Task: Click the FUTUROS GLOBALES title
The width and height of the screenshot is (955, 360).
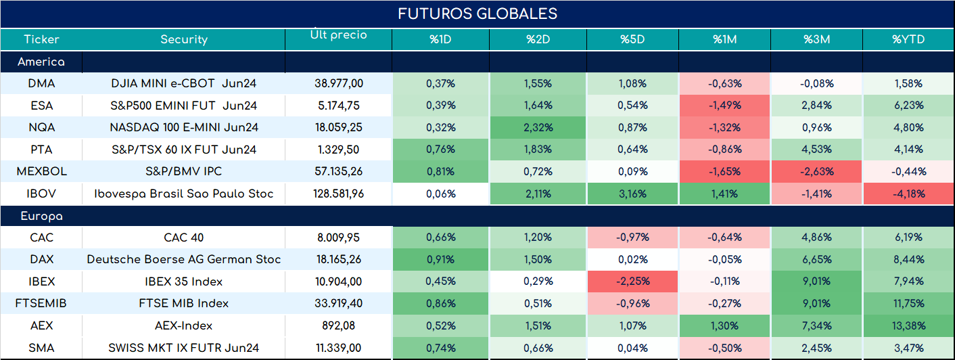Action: pyautogui.click(x=477, y=14)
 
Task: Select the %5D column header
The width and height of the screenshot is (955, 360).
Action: pyautogui.click(x=632, y=39)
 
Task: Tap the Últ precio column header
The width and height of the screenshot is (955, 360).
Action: pyautogui.click(x=338, y=34)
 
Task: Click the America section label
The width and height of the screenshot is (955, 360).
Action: pyautogui.click(x=41, y=62)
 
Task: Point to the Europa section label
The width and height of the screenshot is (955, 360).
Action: pyautogui.click(x=41, y=217)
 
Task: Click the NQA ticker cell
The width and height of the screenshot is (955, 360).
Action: pyautogui.click(x=41, y=127)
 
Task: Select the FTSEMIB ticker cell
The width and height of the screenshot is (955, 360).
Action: pyautogui.click(x=41, y=303)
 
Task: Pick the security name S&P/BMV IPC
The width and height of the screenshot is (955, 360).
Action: pyautogui.click(x=184, y=171)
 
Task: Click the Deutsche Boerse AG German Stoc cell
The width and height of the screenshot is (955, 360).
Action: pyautogui.click(x=184, y=259)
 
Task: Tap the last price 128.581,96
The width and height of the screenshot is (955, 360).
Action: pyautogui.click(x=339, y=194)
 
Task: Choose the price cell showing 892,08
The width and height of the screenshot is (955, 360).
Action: pyautogui.click(x=339, y=325)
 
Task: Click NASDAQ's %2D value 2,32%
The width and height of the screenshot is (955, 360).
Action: pyautogui.click(x=538, y=127)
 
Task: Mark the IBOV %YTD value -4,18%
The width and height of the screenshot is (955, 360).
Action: pyautogui.click(x=909, y=194)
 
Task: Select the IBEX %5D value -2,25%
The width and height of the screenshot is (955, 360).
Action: pyautogui.click(x=632, y=282)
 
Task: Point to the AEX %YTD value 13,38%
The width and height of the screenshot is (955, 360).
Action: pyautogui.click(x=909, y=326)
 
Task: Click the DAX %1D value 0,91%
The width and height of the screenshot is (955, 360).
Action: pyautogui.click(x=440, y=259)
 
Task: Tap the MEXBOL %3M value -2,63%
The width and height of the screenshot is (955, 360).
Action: pyautogui.click(x=817, y=171)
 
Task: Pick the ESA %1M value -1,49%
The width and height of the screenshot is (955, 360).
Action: pyautogui.click(x=725, y=106)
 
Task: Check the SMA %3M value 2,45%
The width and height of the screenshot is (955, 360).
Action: pyautogui.click(x=817, y=348)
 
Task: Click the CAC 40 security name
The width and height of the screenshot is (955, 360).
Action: pyautogui.click(x=184, y=238)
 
